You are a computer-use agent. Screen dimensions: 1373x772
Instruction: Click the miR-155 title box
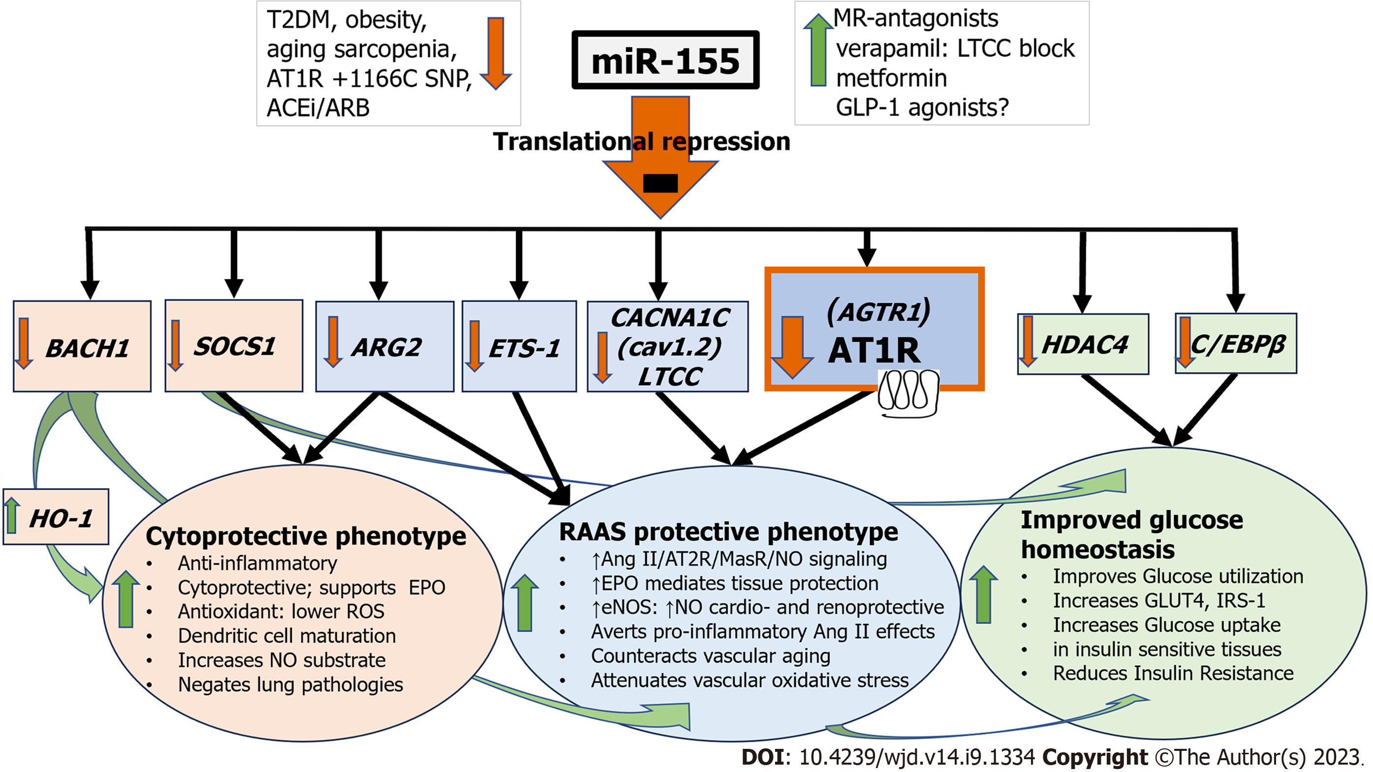tap(665, 60)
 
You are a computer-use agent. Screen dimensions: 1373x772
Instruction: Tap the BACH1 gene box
tap(82, 346)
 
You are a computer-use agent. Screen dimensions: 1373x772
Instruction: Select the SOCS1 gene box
tap(234, 346)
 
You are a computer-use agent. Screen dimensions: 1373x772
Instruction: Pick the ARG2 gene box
tap(385, 346)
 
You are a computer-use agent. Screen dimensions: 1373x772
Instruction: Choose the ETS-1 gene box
tap(519, 346)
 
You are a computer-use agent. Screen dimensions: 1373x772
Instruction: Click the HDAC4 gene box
tap(1083, 344)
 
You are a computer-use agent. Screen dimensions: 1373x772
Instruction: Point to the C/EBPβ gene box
tap(1236, 343)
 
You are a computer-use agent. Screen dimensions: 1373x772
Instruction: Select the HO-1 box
tap(56, 517)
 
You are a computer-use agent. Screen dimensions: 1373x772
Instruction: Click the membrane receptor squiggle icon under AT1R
tap(908, 394)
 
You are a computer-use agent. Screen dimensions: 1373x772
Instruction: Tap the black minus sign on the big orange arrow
tap(660, 183)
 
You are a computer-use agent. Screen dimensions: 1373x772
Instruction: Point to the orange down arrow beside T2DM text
tap(496, 53)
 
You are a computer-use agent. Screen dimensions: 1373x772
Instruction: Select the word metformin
tap(891, 78)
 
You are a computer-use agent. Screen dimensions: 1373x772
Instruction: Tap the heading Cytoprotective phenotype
tap(306, 536)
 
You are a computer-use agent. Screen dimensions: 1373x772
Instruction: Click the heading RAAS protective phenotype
tap(729, 532)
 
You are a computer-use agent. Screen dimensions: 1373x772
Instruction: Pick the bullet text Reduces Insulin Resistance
tap(1173, 674)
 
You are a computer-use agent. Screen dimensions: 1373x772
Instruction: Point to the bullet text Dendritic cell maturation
tap(287, 636)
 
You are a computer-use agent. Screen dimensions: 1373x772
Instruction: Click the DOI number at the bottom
tap(917, 757)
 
